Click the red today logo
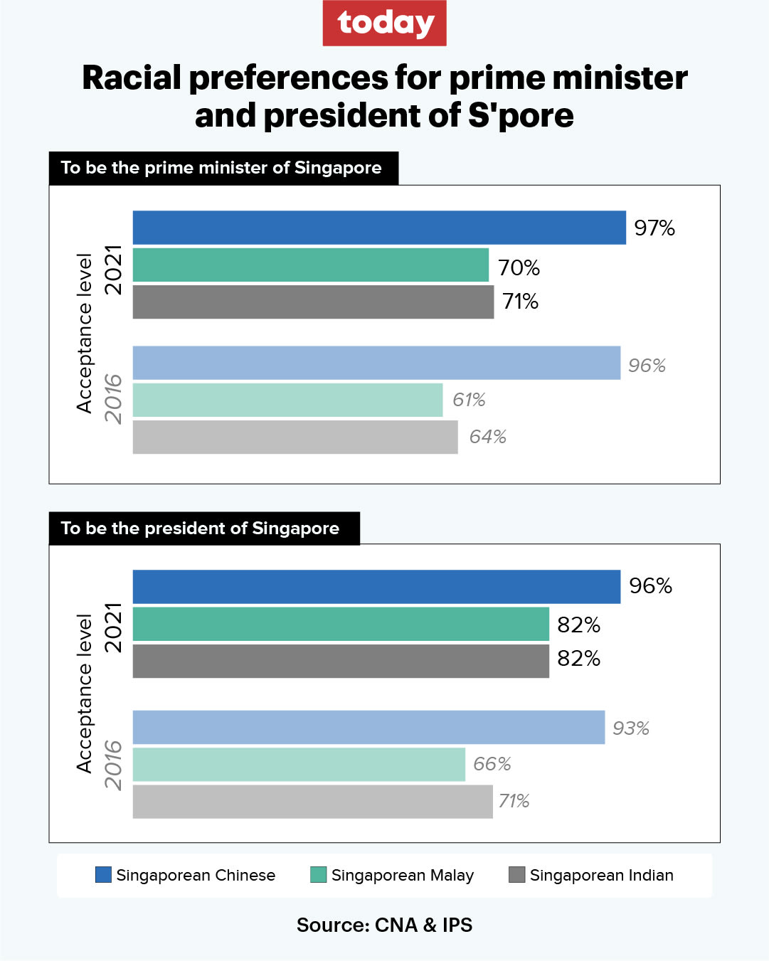pos(384,23)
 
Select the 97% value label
pos(654,228)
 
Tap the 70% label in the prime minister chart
pos(519,268)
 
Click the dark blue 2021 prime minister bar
pos(379,228)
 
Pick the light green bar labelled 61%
pos(287,400)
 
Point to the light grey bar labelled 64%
pos(295,437)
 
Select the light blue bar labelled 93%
pos(368,727)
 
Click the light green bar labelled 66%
pos(299,765)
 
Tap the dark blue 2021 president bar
pos(376,587)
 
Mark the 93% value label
pos(630,728)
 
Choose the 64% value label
pos(487,437)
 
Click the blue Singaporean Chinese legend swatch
pos(103,874)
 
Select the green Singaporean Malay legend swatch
pos(318,874)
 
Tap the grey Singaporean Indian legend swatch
pos(517,874)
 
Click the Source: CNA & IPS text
pos(384,925)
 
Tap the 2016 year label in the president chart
pos(114,765)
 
